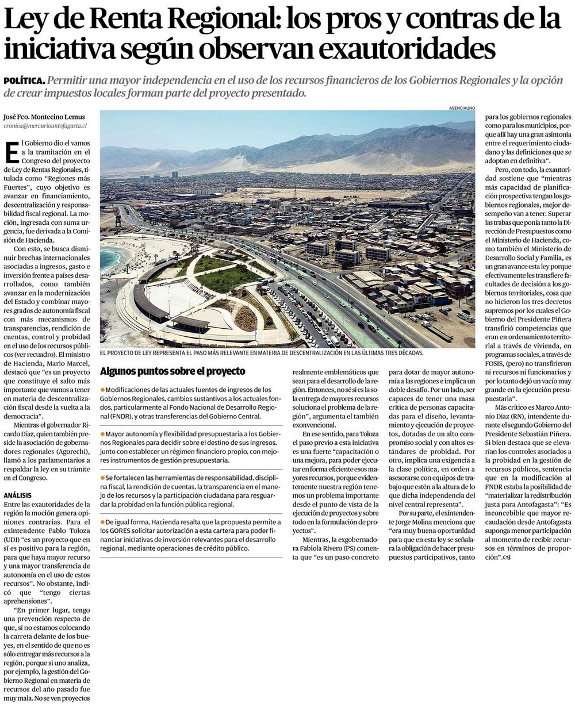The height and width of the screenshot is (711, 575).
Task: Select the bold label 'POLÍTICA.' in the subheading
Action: [24, 82]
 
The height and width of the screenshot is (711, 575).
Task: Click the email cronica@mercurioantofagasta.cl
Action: [45, 125]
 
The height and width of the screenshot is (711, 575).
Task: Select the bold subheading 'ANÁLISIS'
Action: [18, 495]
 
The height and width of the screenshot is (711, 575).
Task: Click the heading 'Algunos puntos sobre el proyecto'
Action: [172, 371]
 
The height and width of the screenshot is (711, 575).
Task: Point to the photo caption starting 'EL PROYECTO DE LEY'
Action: [262, 353]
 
